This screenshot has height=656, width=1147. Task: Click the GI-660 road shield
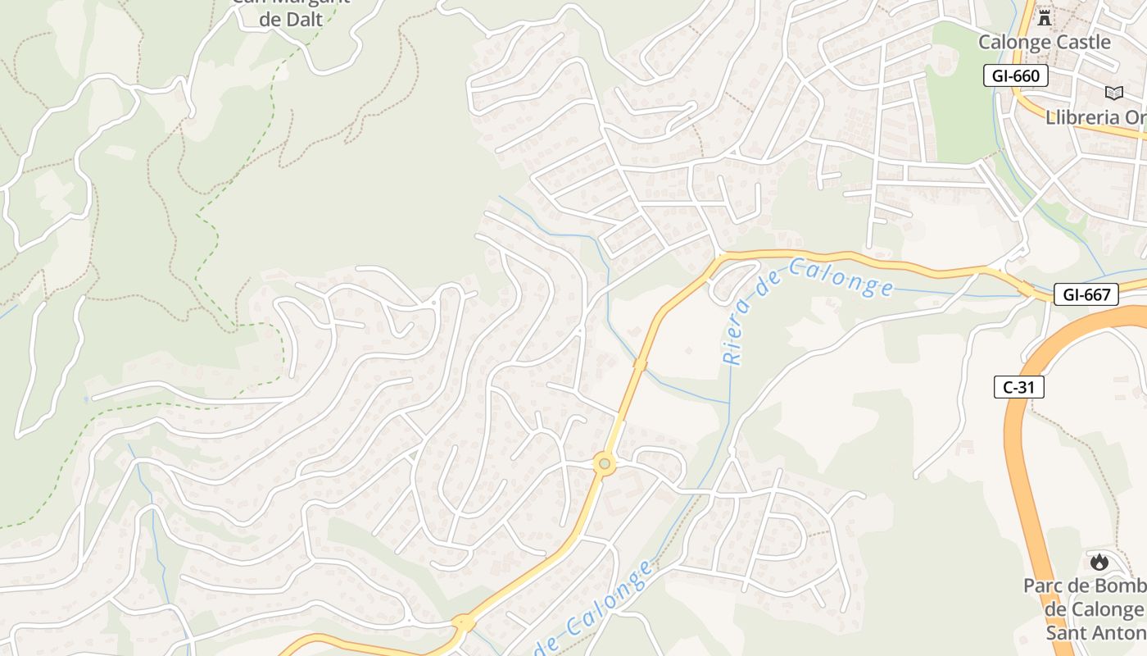(x=1016, y=76)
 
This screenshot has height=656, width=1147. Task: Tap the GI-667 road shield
(x=1086, y=295)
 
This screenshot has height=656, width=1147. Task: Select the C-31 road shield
(x=1019, y=387)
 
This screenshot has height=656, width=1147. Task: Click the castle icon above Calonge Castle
(x=1044, y=17)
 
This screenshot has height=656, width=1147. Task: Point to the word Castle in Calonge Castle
(x=1080, y=42)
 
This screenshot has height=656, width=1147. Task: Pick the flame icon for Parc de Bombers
(x=1099, y=562)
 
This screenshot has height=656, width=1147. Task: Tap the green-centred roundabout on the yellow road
(x=605, y=465)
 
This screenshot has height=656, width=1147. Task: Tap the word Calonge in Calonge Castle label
(x=1012, y=42)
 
